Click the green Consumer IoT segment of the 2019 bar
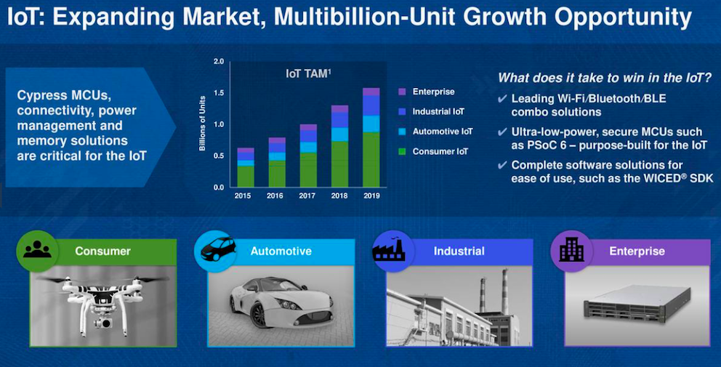pyautogui.click(x=371, y=160)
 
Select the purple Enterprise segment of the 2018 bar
pyautogui.click(x=339, y=109)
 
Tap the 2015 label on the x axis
pyautogui.click(x=243, y=196)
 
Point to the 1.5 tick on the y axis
pyautogui.click(x=219, y=93)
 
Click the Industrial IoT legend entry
pyautogui.click(x=432, y=111)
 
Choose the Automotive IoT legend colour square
pyautogui.click(x=403, y=132)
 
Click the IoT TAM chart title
pyautogui.click(x=308, y=73)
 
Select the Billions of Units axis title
pyautogui.click(x=202, y=124)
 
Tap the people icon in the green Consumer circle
pyautogui.click(x=37, y=250)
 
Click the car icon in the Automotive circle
pyautogui.click(x=218, y=249)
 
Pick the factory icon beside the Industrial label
pyautogui.click(x=390, y=250)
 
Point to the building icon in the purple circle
pyautogui.click(x=571, y=250)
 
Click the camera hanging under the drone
pyautogui.click(x=103, y=323)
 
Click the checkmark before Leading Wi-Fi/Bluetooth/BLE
pyautogui.click(x=502, y=98)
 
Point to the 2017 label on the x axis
pyautogui.click(x=307, y=196)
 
